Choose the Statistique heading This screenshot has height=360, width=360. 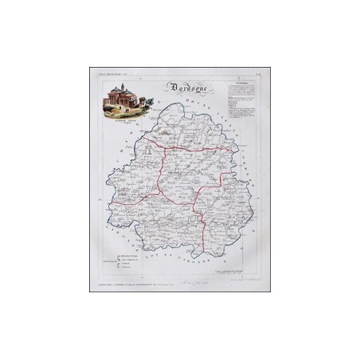click(x=237, y=81)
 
